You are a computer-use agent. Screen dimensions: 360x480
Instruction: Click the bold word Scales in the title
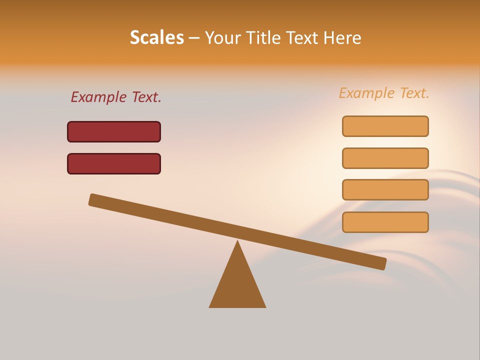coord(157,37)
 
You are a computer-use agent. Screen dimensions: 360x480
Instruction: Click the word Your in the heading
coord(223,37)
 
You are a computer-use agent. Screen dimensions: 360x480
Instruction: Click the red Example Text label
coord(116,97)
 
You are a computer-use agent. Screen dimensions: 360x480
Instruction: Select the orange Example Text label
coord(384,93)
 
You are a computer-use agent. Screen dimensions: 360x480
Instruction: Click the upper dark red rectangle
coord(114,131)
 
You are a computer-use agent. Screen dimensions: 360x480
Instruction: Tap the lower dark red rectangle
coord(114,163)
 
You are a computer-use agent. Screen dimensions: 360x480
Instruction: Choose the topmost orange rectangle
coord(385,126)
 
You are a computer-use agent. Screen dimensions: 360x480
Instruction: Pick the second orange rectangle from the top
coord(385,158)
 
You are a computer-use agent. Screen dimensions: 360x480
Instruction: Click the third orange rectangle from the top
coord(385,190)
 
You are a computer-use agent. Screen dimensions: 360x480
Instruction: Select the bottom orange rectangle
coord(385,222)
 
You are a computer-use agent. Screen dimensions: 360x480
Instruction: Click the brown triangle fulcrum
coord(237,285)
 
